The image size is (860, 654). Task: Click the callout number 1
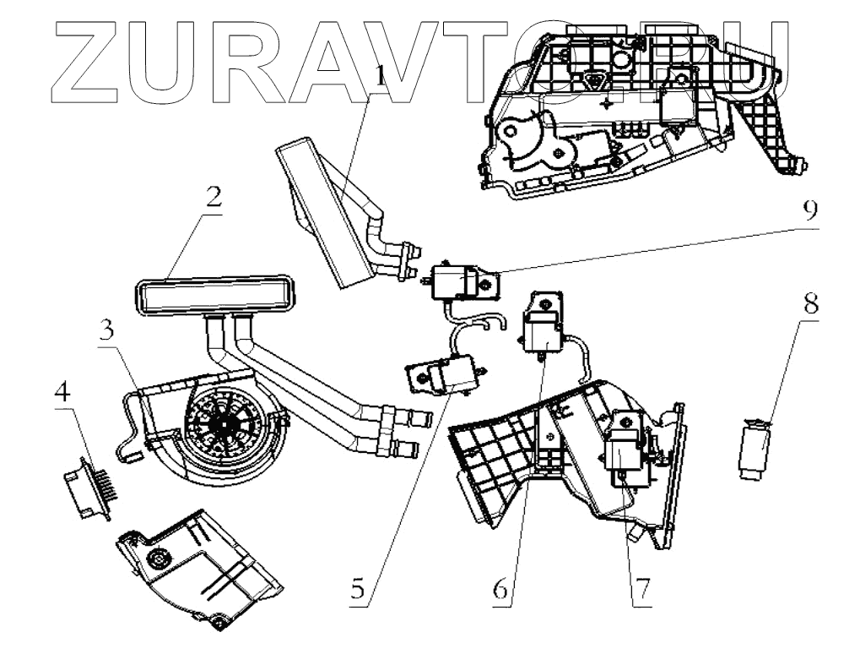[380, 77]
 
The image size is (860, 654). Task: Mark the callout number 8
[809, 304]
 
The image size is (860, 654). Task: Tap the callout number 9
[809, 210]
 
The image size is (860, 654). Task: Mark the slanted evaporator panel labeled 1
[329, 211]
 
